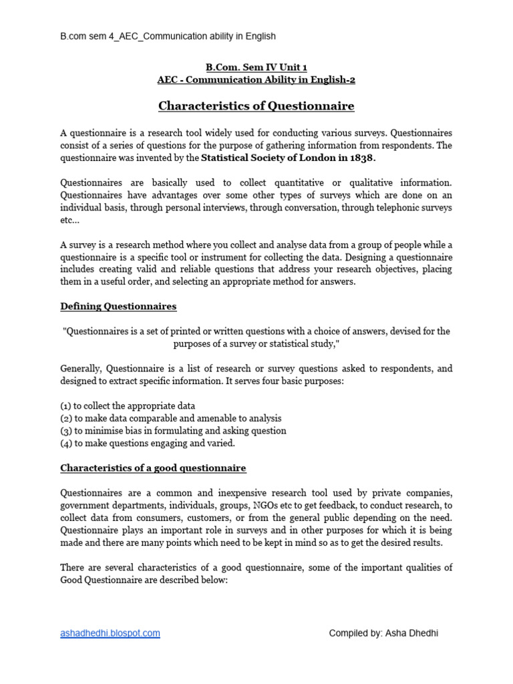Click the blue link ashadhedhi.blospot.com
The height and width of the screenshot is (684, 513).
pos(110,633)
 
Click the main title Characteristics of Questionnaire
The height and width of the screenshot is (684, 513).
pos(256,106)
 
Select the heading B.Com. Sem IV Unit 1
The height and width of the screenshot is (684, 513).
pos(256,67)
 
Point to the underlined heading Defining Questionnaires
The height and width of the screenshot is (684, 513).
pos(118,306)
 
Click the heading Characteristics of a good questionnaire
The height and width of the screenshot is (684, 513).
pos(153,468)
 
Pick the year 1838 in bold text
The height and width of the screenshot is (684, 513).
pos(361,158)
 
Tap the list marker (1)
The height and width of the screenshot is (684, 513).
pos(65,405)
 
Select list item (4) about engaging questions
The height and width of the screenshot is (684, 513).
pos(148,443)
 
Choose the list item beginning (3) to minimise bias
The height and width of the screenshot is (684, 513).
pos(173,430)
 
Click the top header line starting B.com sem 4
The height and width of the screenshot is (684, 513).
pos(168,36)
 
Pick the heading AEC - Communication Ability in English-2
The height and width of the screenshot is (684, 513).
pos(256,79)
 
